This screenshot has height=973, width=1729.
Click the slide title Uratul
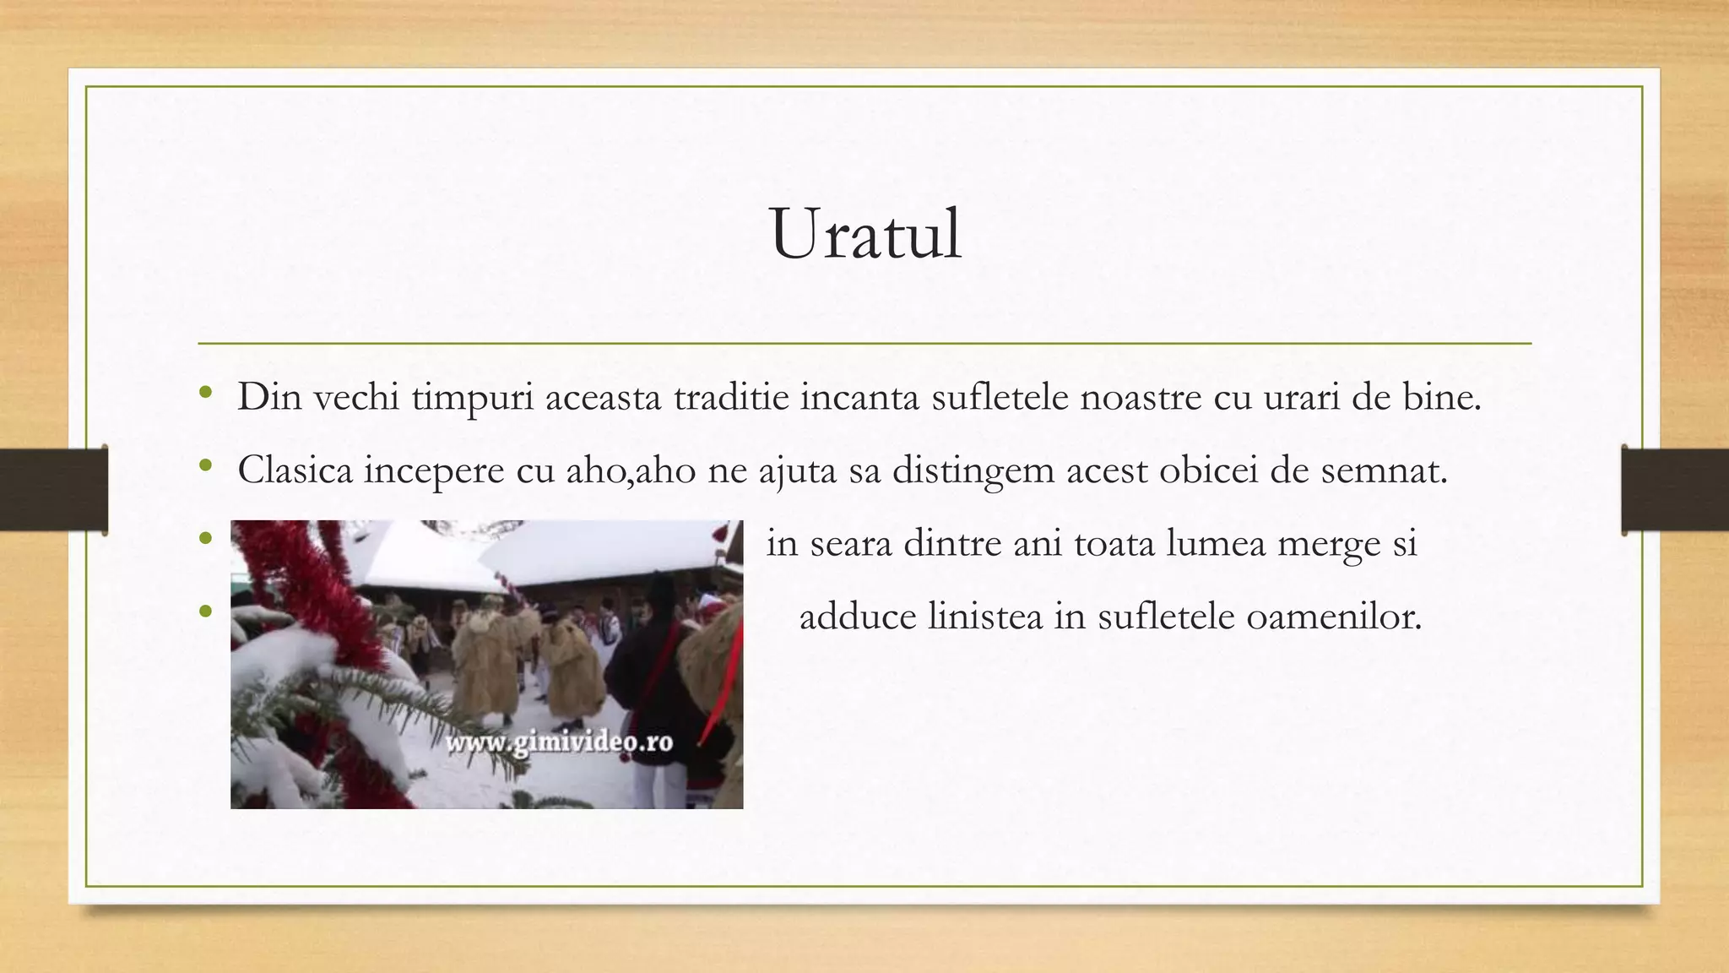865,234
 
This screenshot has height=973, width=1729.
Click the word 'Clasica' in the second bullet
295,470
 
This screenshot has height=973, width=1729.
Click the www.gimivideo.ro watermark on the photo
559,742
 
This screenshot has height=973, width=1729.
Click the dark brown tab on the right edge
1675,490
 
